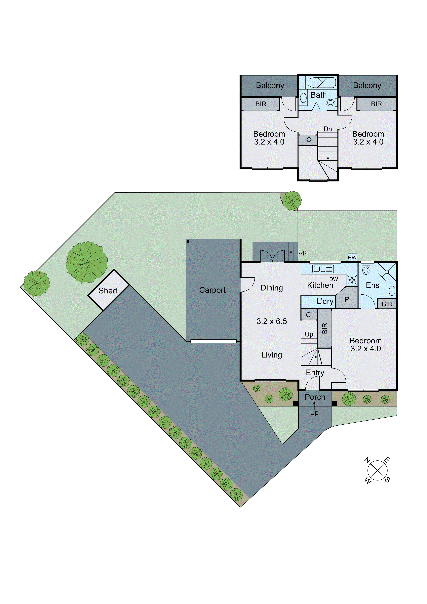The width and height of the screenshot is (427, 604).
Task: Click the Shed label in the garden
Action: (x=108, y=291)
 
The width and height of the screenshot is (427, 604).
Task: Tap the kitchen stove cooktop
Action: (x=352, y=280)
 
